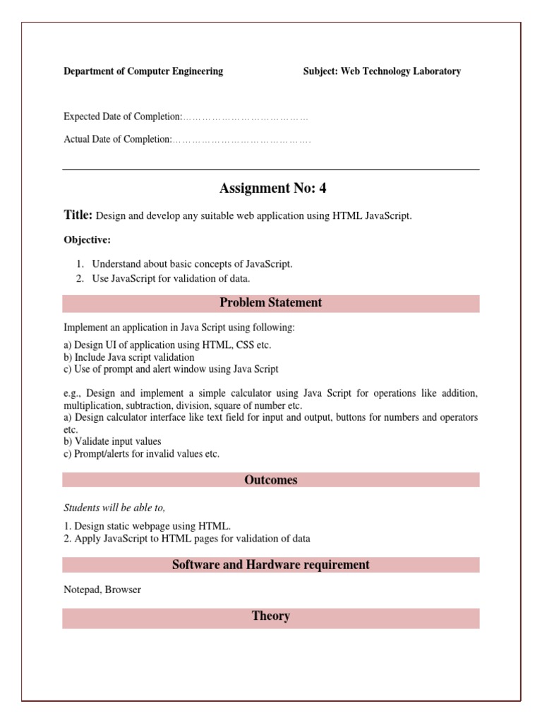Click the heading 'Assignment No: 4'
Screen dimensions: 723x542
click(272, 189)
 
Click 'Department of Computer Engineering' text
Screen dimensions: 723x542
click(143, 71)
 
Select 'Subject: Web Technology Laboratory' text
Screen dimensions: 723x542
click(382, 71)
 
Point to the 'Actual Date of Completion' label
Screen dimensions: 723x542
click(118, 140)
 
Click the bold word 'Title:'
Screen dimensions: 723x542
click(78, 215)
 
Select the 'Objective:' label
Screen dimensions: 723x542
click(88, 240)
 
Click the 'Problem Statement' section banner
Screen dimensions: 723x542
click(270, 303)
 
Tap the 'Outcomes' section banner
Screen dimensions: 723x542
click(270, 480)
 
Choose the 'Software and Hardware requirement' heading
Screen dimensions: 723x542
click(270, 565)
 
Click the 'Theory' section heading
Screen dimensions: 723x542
click(270, 617)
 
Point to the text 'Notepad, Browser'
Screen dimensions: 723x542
click(102, 590)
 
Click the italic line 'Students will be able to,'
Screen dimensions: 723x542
click(115, 508)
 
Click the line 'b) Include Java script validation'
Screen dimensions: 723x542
click(129, 357)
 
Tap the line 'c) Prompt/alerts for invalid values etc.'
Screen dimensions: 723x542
click(142, 454)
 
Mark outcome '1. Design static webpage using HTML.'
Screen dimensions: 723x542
click(147, 526)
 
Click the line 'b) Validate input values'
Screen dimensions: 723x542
click(112, 441)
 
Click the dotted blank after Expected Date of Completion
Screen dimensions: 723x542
click(246, 117)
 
